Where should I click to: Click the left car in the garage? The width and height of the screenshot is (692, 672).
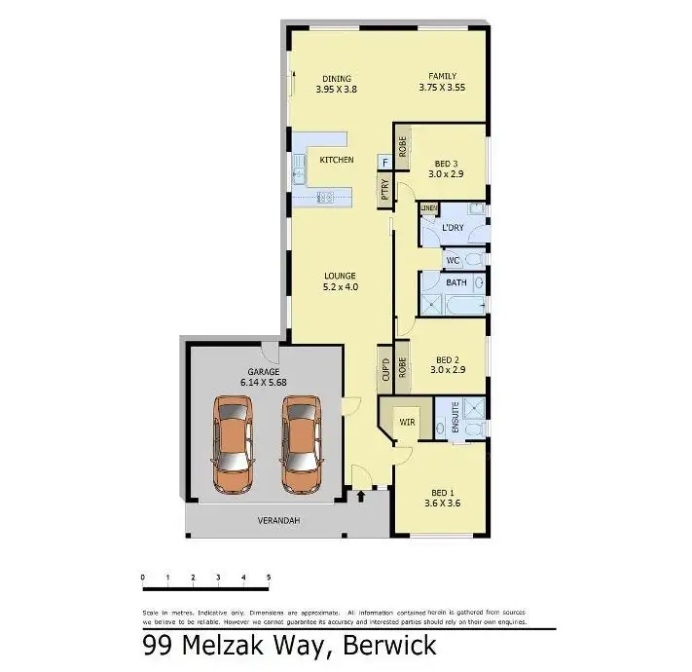[x=234, y=443]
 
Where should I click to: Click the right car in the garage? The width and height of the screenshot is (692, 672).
[x=302, y=443]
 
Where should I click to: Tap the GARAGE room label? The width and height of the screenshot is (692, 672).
[x=263, y=372]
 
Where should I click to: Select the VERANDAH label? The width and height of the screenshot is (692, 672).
[x=279, y=521]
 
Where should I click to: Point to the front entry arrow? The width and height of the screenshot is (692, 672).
[x=362, y=497]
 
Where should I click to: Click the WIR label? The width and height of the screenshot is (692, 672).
[x=407, y=423]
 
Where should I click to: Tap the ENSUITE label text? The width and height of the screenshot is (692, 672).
[x=454, y=418]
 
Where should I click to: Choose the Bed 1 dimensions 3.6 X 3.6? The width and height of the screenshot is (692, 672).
[x=443, y=504]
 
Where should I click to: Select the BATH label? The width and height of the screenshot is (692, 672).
[x=455, y=282]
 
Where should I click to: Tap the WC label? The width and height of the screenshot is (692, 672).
[x=452, y=261]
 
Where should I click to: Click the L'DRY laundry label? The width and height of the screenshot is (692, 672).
[x=452, y=228]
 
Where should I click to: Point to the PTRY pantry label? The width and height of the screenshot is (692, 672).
[x=384, y=187]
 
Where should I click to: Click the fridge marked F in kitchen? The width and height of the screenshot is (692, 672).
[x=385, y=161]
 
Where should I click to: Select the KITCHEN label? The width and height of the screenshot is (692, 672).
[x=337, y=160]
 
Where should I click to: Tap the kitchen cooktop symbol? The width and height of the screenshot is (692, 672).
[x=327, y=197]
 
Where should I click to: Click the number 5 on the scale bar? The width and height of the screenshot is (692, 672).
[x=268, y=579]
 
